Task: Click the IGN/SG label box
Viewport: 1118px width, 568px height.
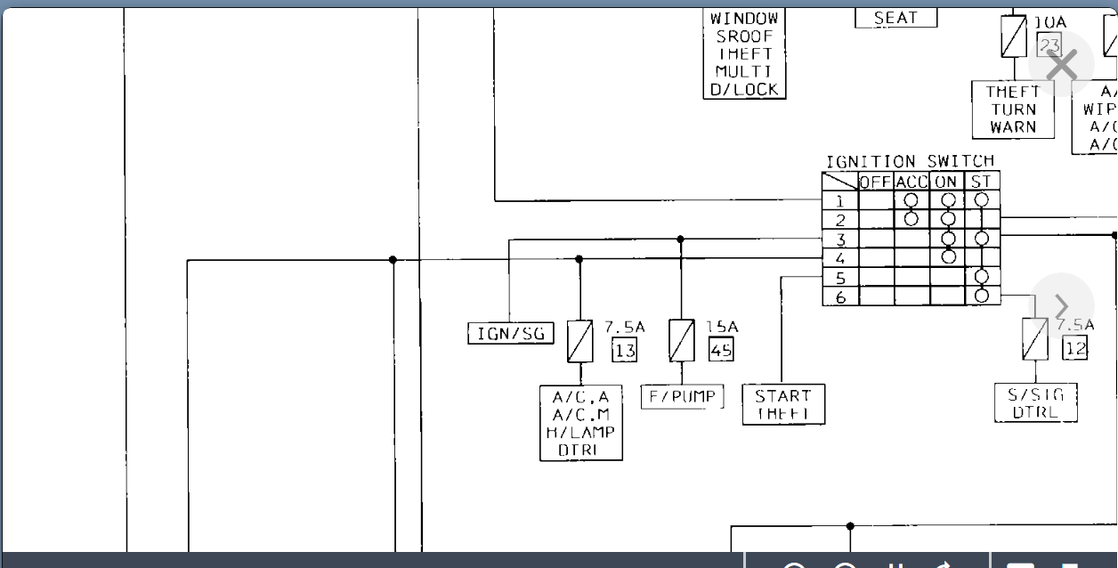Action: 511,334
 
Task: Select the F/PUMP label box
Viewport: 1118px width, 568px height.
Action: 683,397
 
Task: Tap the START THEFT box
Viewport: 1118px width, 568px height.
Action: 783,405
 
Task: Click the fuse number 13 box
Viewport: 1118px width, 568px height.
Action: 625,350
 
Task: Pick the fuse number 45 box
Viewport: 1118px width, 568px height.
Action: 721,350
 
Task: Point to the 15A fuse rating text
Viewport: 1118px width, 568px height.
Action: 721,328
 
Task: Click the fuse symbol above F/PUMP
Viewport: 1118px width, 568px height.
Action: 682,341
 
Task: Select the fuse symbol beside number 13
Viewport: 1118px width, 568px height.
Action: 580,341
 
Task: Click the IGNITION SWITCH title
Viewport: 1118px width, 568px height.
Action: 910,162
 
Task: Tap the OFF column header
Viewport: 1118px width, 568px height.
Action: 876,182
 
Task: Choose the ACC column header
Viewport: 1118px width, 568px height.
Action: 911,182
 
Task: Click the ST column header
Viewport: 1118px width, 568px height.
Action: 981,182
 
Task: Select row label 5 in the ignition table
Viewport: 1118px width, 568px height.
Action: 840,278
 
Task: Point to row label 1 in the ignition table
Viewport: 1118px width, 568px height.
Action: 840,201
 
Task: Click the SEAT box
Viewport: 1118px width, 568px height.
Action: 895,18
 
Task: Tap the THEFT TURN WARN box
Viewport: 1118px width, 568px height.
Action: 1013,110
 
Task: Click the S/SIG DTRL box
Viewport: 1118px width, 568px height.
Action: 1035,403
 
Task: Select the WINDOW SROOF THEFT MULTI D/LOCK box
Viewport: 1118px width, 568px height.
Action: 744,53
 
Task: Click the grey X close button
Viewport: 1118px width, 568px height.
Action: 1061,65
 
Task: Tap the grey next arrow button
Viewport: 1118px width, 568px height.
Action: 1061,306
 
